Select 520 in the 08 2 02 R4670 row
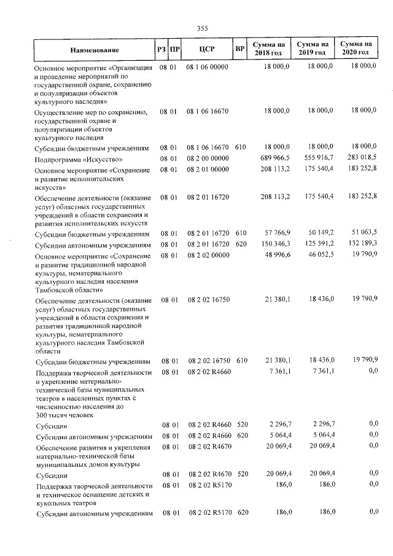(241, 475)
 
